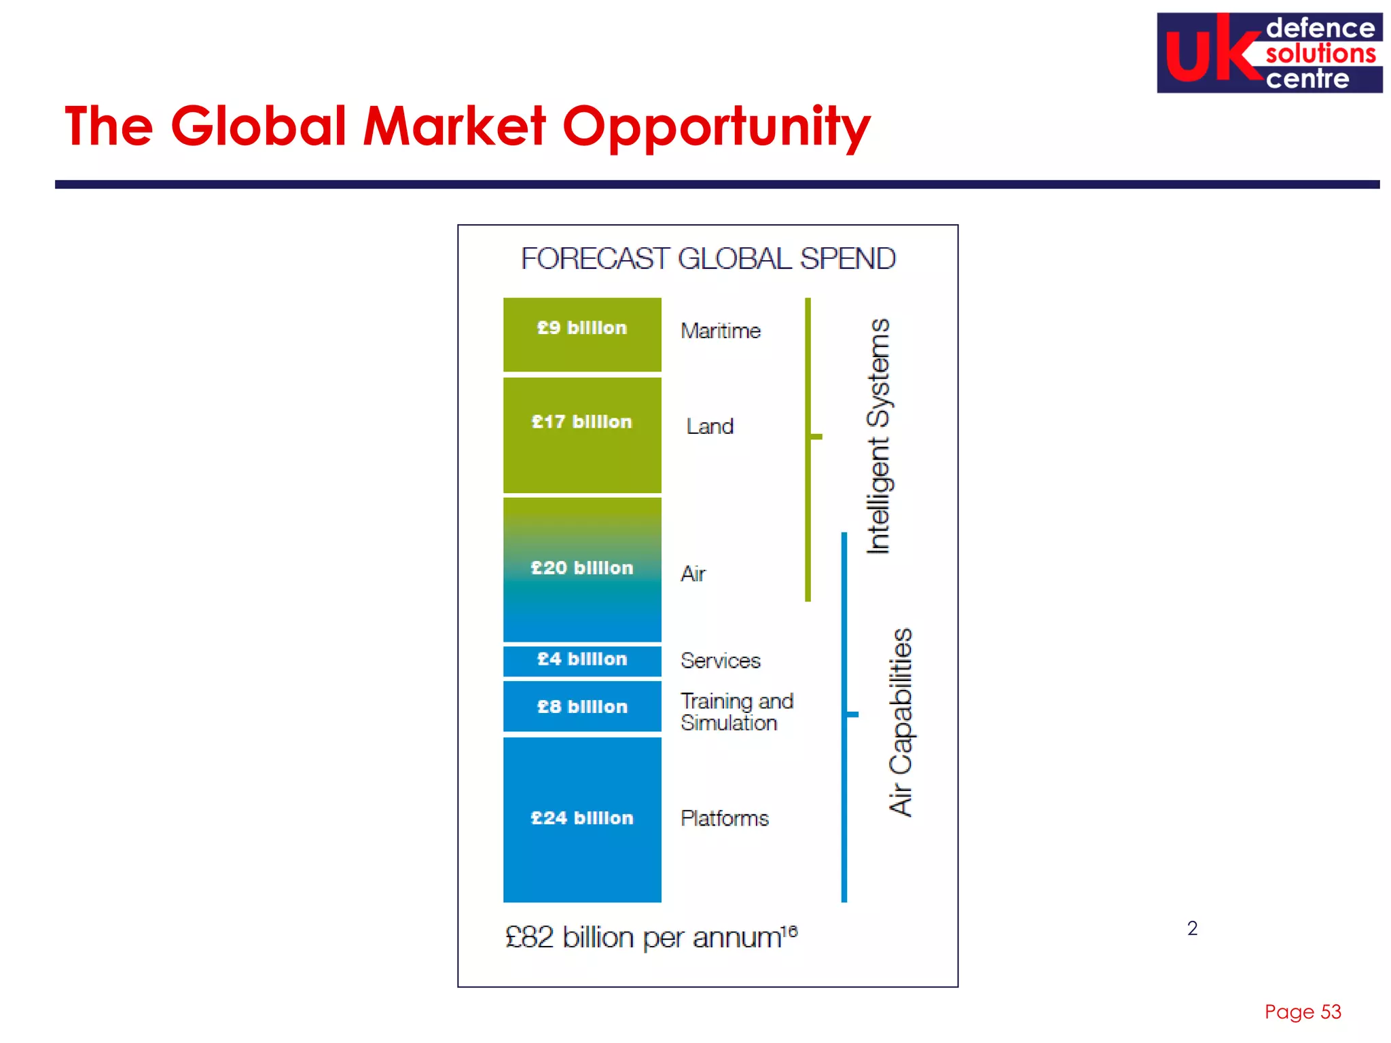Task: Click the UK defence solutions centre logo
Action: pyautogui.click(x=1269, y=53)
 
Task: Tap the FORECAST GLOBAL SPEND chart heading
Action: pyautogui.click(x=708, y=259)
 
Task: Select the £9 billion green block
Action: pyautogui.click(x=582, y=335)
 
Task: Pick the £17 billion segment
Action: pyautogui.click(x=582, y=435)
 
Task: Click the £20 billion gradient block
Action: pyautogui.click(x=582, y=569)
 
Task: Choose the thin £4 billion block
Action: pyautogui.click(x=582, y=660)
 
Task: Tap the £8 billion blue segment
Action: pyautogui.click(x=582, y=707)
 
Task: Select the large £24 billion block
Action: pyautogui.click(x=582, y=819)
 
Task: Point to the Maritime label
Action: pyautogui.click(x=721, y=331)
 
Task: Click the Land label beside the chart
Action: pyautogui.click(x=710, y=426)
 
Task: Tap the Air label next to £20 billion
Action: pyautogui.click(x=693, y=574)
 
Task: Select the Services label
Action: pyautogui.click(x=721, y=661)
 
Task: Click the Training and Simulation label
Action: pyautogui.click(x=737, y=712)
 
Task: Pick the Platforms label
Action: pyautogui.click(x=725, y=818)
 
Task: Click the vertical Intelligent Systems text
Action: pyautogui.click(x=879, y=436)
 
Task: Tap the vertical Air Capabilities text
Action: pyautogui.click(x=901, y=722)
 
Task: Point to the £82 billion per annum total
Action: pyautogui.click(x=651, y=938)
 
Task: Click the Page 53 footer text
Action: pyautogui.click(x=1302, y=1012)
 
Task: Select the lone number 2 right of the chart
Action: pyautogui.click(x=1192, y=928)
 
